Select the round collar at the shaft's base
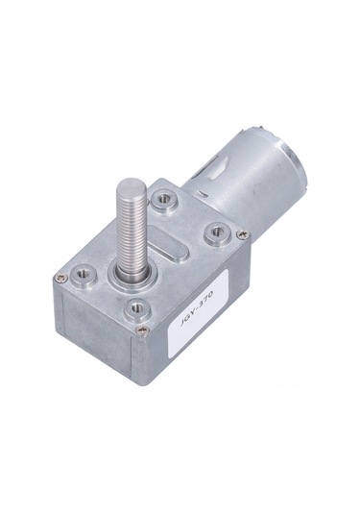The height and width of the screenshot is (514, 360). coord(133,271)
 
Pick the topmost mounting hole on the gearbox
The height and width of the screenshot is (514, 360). coord(166,199)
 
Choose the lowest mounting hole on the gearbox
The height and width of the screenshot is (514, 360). coord(136,307)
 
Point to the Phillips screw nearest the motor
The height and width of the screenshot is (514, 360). coord(242,233)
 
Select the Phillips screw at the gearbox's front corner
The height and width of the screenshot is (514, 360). coord(143,330)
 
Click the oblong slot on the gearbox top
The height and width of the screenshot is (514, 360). coord(172,251)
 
